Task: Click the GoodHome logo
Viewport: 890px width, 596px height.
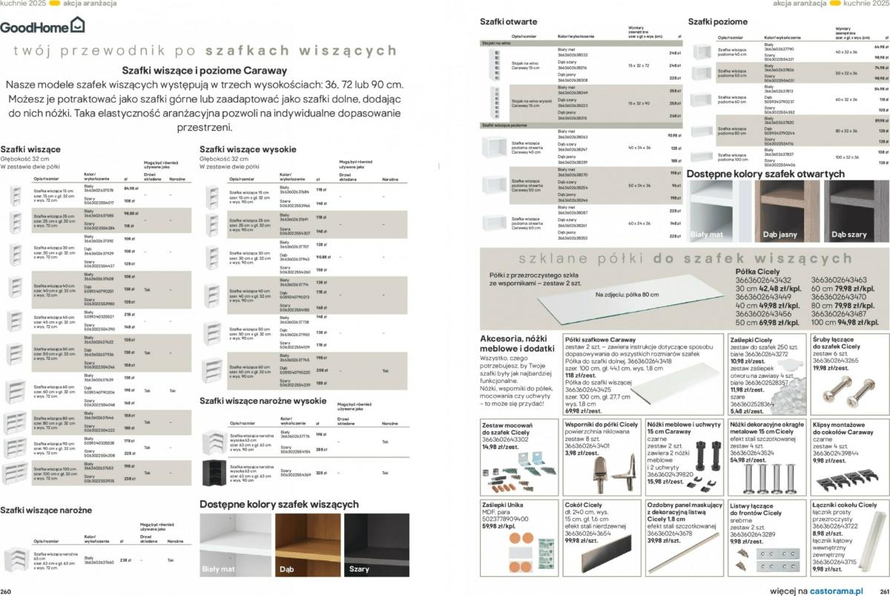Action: coord(42,26)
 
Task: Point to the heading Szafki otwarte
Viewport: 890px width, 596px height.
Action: coord(509,22)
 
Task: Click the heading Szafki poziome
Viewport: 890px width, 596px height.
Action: coord(718,22)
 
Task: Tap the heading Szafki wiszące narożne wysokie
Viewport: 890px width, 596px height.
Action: coord(263,401)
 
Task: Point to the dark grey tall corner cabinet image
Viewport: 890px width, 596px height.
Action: coord(214,472)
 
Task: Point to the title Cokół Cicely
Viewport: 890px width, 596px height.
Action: coord(583,505)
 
